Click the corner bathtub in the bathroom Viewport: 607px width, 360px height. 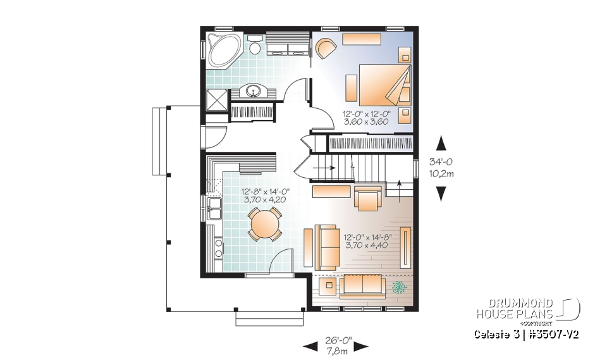coord(223,50)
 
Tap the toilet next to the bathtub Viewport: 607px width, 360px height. coord(255,47)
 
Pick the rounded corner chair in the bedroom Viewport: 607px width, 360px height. coord(325,48)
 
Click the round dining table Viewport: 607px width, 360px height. coord(264,224)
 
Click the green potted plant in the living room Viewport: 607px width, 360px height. coord(399,288)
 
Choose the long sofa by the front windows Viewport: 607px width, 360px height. coord(362,287)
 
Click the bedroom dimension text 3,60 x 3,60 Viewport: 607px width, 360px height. coord(367,122)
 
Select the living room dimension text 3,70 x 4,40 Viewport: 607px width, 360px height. coord(367,245)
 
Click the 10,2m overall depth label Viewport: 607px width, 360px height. coord(441,175)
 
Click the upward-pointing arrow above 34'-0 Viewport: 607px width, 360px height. coord(441,144)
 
